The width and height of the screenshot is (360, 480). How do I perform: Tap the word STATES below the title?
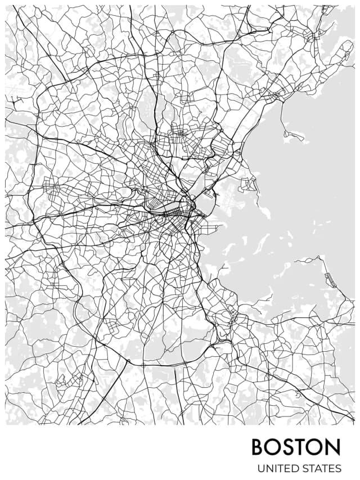[x=322, y=468]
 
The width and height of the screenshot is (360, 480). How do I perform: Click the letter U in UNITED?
[x=261, y=468]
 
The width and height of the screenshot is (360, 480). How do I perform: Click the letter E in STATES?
[x=332, y=468]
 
